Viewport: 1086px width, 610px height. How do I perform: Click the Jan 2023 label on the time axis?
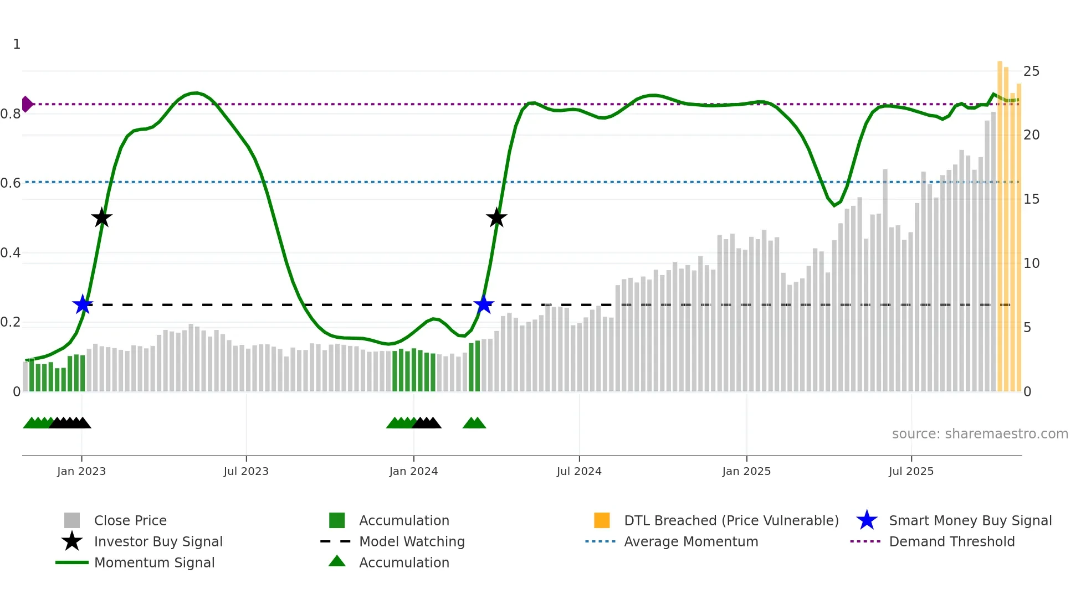(81, 472)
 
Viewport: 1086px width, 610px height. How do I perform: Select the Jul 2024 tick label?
(579, 472)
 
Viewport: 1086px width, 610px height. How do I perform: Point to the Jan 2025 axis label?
(746, 472)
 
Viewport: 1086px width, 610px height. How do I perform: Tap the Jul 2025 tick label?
(911, 472)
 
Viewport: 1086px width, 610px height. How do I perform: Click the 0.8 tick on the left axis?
(11, 115)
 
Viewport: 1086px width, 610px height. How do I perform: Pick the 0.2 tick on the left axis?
(11, 322)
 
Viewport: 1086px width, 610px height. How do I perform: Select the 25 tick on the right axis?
(1031, 71)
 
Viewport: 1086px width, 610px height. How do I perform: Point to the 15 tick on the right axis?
(1031, 199)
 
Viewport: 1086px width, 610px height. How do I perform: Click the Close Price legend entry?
(130, 521)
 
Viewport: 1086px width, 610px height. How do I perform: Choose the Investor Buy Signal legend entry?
(158, 542)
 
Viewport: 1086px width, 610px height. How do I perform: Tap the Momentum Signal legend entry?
(154, 563)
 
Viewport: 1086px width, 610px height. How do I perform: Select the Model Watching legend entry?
(412, 542)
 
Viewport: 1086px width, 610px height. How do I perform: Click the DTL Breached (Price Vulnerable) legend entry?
(731, 521)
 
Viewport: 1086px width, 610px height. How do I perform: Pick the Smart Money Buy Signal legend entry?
(970, 521)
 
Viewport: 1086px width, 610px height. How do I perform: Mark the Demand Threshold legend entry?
(951, 542)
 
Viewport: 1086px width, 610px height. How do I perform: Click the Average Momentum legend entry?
(691, 542)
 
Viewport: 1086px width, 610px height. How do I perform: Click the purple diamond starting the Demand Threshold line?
(27, 104)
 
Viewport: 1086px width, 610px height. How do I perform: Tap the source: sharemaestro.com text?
(980, 434)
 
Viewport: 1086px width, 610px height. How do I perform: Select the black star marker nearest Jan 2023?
(101, 218)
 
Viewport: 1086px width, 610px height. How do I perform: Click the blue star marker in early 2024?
(484, 304)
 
